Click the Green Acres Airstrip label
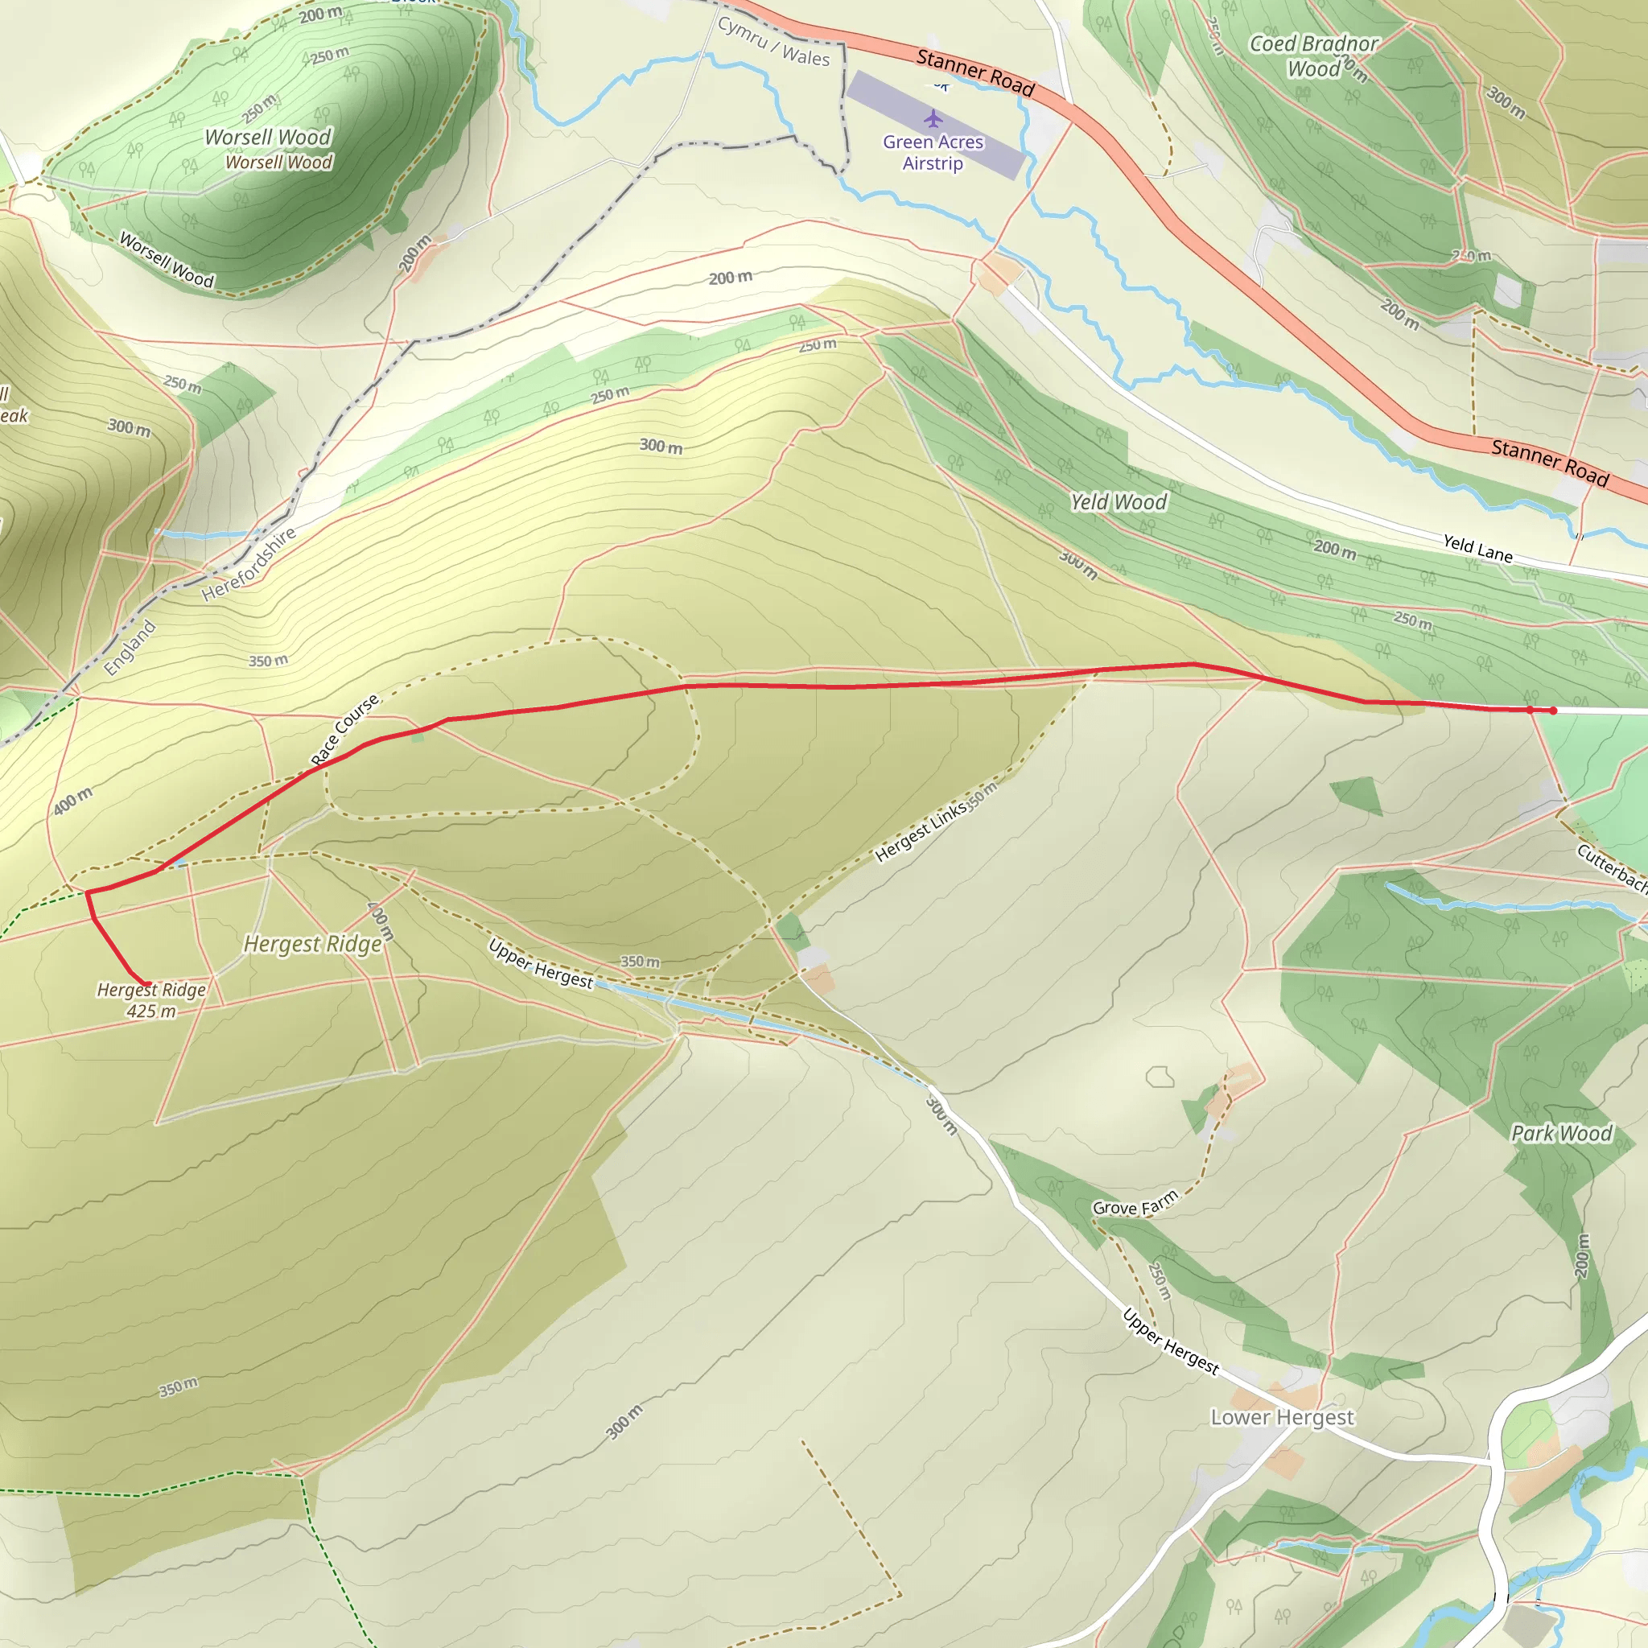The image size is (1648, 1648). (933, 153)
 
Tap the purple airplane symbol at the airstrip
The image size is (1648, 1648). (933, 117)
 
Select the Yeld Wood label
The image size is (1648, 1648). (1119, 502)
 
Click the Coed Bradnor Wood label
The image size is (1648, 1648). (1313, 56)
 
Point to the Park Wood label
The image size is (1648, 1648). (1561, 1134)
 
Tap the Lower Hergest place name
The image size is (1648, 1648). (1282, 1417)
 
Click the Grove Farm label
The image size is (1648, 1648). (1135, 1204)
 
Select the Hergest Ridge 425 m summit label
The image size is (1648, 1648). (151, 1000)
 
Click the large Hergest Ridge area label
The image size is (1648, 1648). (312, 944)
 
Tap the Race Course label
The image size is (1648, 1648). (344, 730)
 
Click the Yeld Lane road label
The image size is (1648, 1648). (1477, 549)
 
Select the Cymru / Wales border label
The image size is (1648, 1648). (772, 43)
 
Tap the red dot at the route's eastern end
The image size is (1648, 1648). (1553, 711)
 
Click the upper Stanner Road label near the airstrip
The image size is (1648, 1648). (975, 72)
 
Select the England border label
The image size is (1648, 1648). (130, 649)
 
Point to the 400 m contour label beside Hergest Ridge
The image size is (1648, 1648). (380, 921)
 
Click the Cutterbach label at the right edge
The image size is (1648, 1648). (1610, 868)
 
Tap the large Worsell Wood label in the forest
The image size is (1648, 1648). (268, 138)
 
